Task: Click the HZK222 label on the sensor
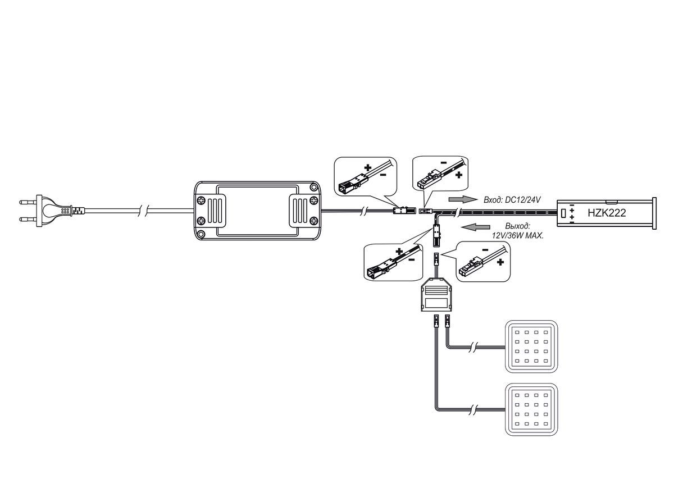607,213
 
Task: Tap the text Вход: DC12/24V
512,199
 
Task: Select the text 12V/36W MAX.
518,235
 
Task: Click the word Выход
518,226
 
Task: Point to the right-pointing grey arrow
463,199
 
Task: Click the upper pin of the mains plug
28,202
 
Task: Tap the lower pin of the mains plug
28,219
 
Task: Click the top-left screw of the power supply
201,200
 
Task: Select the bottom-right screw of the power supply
313,221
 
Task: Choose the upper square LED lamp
531,346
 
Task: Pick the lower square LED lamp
531,409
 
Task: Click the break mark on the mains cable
143,211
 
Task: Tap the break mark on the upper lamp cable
473,347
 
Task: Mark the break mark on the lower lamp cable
473,410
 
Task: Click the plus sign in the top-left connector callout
368,168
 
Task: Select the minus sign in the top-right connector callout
444,163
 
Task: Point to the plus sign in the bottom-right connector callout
500,262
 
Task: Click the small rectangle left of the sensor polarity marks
563,213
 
